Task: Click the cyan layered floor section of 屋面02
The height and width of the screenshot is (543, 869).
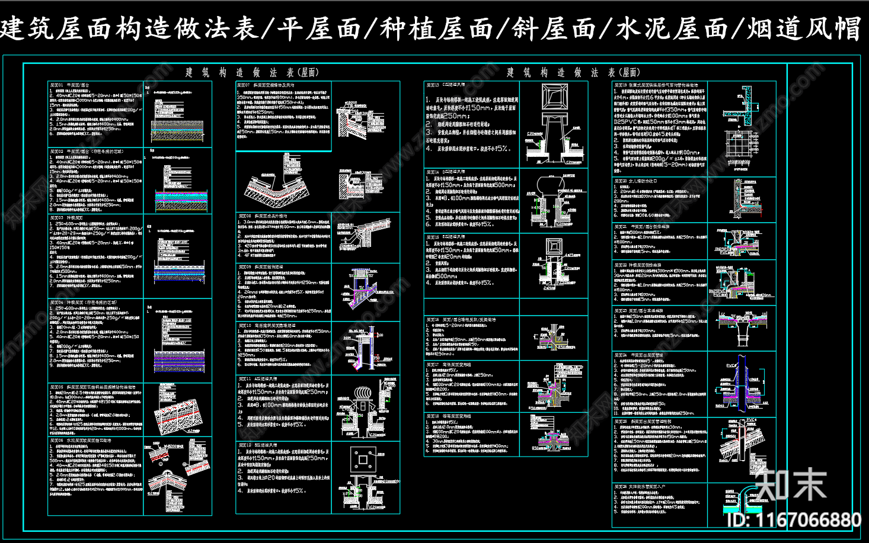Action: (x=181, y=198)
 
